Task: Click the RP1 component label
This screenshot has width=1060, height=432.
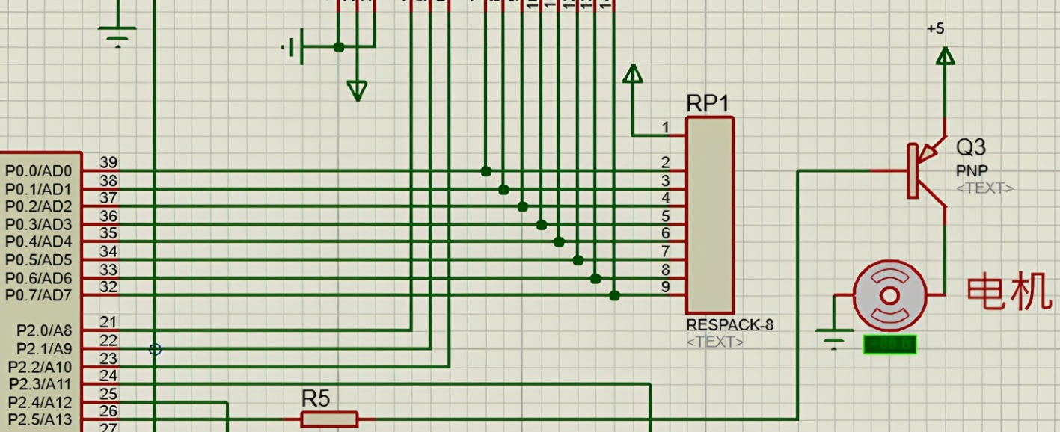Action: pos(707,104)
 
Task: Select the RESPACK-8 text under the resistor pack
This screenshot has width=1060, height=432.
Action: pos(729,325)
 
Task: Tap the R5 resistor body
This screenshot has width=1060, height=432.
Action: pos(329,419)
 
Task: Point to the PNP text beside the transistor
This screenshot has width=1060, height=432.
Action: pos(971,171)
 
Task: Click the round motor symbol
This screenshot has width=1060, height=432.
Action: pos(889,296)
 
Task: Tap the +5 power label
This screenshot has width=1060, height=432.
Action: pos(935,29)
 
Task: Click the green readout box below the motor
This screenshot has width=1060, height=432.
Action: pos(889,345)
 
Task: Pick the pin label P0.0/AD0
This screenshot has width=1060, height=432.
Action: pos(39,171)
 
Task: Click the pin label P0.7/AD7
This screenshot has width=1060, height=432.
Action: pos(39,296)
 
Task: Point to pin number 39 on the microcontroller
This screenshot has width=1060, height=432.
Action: pos(108,163)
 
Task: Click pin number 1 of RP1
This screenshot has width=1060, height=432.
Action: pos(666,128)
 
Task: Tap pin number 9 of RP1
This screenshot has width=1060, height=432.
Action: pos(666,286)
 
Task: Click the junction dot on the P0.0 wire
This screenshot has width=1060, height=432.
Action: pos(486,171)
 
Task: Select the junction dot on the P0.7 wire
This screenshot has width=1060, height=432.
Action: pos(614,296)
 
